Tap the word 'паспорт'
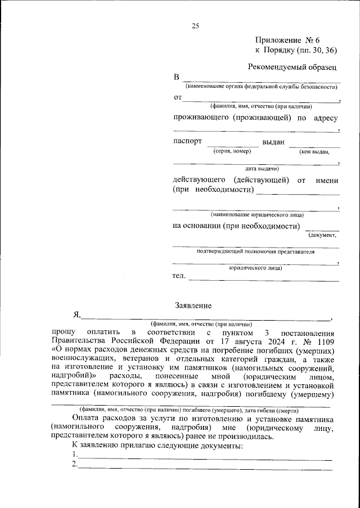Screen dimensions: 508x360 pyautogui.click(x=187, y=142)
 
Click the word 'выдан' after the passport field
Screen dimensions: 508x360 pyautogui.click(x=274, y=142)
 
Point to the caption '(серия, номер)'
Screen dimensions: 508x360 pyautogui.click(x=232, y=151)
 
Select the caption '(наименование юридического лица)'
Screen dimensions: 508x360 pyautogui.click(x=256, y=215)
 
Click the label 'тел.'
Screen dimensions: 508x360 pyautogui.click(x=178, y=276)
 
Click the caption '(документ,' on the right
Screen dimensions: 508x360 pyautogui.click(x=322, y=235)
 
